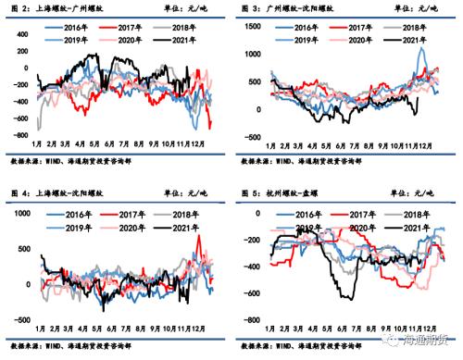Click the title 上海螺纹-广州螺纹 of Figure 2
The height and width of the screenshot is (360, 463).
tap(68, 8)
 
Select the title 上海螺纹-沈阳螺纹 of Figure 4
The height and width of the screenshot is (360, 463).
tap(68, 192)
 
